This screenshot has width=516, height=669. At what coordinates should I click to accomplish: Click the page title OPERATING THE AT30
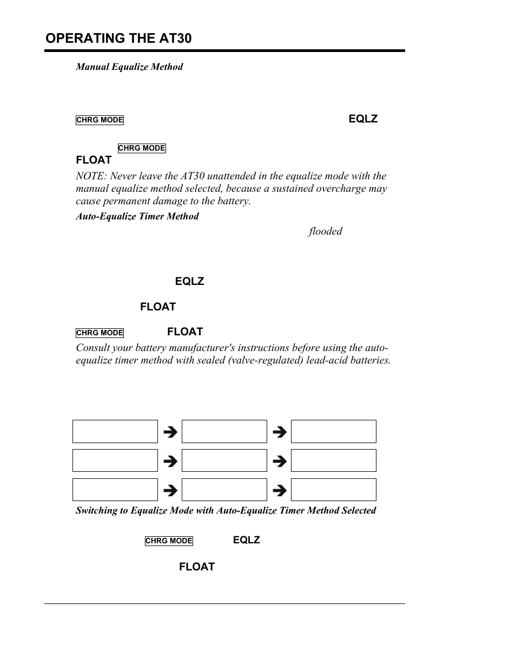(118, 38)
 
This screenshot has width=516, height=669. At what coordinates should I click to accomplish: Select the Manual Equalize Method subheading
(129, 67)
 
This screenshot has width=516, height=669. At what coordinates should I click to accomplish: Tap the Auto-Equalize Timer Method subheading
(137, 216)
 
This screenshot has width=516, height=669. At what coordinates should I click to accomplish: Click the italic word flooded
(325, 231)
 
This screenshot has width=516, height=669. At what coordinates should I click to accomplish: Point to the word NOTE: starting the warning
(91, 176)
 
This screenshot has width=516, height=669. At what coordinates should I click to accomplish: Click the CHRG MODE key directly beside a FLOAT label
(100, 333)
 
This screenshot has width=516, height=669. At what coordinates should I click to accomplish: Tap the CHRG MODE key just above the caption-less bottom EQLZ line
(169, 541)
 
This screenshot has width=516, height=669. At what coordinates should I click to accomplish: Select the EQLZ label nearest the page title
(363, 119)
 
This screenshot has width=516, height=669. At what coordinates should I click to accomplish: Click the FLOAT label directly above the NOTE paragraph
(94, 160)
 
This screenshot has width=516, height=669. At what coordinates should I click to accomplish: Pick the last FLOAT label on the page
(197, 567)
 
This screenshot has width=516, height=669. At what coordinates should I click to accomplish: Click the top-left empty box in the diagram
(115, 432)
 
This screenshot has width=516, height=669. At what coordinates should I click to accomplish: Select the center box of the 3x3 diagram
(224, 460)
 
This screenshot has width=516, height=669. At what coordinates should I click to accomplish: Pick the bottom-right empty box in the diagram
(333, 490)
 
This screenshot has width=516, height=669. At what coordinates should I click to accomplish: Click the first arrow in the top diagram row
(170, 432)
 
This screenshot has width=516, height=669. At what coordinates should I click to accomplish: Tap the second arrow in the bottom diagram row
(279, 491)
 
